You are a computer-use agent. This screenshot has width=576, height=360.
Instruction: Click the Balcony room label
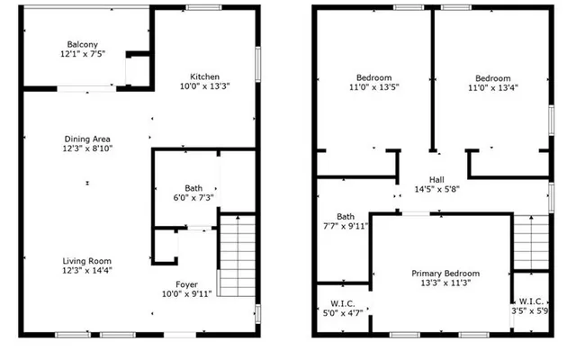coord(82,44)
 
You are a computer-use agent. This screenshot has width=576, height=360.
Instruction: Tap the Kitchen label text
coord(205,76)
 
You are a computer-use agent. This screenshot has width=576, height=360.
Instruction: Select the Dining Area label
coord(87,139)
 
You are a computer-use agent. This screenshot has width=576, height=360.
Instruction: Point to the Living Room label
coord(87,258)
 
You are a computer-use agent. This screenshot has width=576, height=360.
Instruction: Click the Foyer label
coord(186,283)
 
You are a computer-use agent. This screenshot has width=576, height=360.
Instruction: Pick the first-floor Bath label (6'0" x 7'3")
coord(193,188)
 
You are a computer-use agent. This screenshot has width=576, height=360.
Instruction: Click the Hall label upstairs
coord(436,179)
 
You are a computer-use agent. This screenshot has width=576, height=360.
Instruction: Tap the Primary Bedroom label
coord(445,274)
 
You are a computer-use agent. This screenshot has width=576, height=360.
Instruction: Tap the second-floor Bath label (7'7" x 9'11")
coord(346,217)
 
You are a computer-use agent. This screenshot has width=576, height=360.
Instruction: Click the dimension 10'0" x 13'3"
coord(205,87)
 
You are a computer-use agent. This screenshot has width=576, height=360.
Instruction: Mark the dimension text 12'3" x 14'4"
coord(87,269)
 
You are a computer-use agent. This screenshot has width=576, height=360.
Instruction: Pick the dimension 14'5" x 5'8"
coord(436,190)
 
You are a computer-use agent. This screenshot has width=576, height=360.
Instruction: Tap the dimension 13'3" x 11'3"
coord(445,284)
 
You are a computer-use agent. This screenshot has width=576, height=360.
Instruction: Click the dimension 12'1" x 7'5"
coord(82,55)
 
